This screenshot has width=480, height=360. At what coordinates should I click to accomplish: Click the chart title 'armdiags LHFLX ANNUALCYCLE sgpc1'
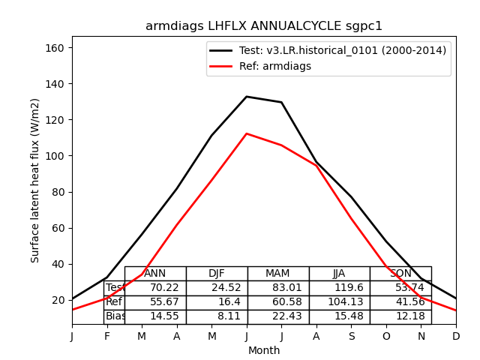pos(264,26)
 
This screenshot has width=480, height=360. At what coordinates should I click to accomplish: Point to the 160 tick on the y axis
pos(55,48)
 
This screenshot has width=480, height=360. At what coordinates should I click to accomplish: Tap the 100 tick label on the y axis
pos(55,156)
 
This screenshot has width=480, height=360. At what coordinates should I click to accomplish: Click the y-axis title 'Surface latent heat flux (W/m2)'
pos(35,180)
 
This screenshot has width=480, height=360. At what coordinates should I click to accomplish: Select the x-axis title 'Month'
pos(264,350)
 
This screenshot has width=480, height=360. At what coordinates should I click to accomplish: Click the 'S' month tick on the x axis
pos(351,337)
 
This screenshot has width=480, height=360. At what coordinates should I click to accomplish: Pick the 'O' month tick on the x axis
pos(386,337)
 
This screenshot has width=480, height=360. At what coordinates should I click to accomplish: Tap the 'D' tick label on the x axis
pos(456,337)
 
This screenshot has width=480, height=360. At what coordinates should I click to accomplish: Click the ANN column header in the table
pos(155,274)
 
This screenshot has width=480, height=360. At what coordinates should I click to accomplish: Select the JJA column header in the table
pos(339,274)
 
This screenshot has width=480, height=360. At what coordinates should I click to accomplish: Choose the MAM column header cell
pos(277,274)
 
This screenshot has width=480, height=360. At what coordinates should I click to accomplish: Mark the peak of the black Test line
pos(247,97)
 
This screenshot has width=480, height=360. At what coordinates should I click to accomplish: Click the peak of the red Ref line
pos(247,133)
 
